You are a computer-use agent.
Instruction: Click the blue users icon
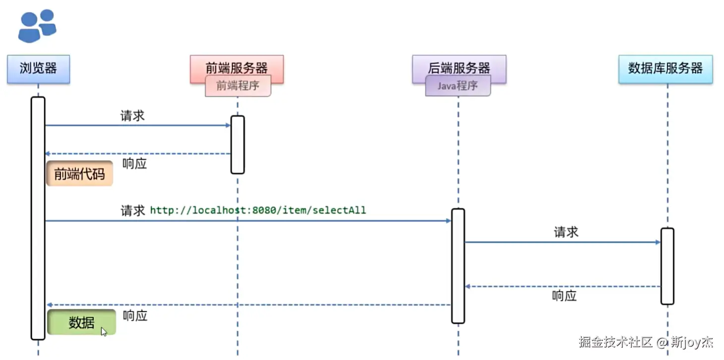coord(37,26)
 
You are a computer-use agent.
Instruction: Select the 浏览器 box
coord(38,69)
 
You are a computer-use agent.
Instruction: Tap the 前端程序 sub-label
coord(238,86)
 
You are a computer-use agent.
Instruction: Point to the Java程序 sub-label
coord(458,86)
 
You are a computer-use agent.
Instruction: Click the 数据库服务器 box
coord(665,69)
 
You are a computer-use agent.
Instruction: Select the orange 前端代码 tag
coord(79,174)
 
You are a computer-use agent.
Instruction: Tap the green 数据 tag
coord(82,322)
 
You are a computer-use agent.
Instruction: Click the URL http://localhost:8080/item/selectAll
coord(258,210)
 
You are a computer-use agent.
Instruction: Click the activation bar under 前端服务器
coord(238,144)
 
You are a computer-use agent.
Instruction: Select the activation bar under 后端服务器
coord(458,266)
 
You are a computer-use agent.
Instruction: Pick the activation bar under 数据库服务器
coord(667,266)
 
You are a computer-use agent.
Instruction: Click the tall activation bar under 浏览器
coord(38,218)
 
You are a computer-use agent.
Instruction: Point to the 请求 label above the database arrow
coord(566,232)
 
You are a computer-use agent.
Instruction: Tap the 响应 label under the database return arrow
coord(564,296)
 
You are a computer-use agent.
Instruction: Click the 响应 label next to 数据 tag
coord(135,316)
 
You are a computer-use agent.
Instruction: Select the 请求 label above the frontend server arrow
coord(133,116)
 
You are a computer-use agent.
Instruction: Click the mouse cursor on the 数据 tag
coord(104,331)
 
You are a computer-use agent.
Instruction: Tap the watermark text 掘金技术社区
coord(615,342)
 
